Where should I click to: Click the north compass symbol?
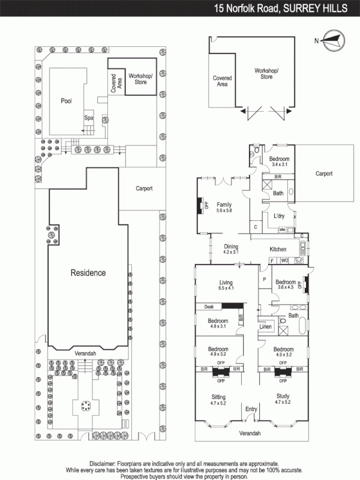(332, 41)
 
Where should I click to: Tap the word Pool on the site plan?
(66, 101)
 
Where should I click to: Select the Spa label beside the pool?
(88, 118)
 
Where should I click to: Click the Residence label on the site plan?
(88, 272)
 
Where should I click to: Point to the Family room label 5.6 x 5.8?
(224, 207)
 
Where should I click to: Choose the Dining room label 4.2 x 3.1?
(231, 249)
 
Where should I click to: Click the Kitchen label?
(278, 249)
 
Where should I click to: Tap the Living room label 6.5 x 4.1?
(226, 285)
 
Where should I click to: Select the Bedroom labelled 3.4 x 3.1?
(280, 161)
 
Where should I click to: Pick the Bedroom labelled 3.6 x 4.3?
(286, 285)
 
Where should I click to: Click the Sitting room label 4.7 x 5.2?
(218, 400)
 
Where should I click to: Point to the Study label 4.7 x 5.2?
(283, 400)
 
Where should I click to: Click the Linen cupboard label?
(266, 327)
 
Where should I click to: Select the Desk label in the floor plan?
(209, 307)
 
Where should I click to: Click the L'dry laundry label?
(278, 215)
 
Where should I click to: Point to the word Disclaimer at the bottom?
(106, 464)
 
